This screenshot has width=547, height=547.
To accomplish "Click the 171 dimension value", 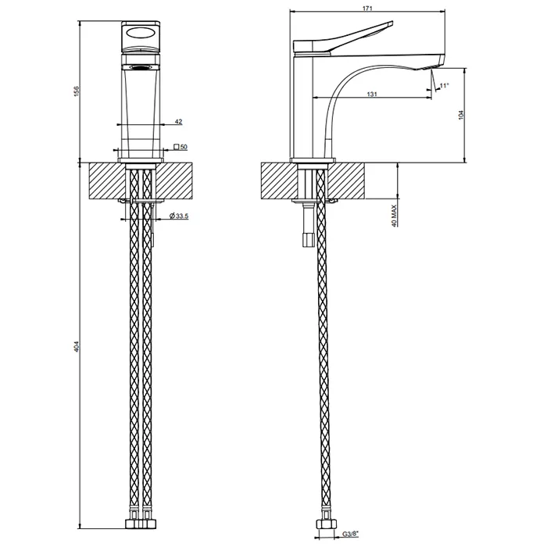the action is (x=367, y=9).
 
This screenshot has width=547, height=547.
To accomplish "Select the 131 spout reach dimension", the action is (x=372, y=94).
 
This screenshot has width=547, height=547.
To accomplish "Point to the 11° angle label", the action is (x=445, y=85).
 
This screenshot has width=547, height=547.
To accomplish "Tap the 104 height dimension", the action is (x=462, y=115).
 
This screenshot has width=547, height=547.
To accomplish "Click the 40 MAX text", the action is (x=394, y=216).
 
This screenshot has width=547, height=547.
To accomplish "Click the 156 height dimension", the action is (x=77, y=91).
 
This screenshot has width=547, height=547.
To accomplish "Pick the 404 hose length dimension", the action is (x=77, y=345).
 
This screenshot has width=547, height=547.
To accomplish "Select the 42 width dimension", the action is (x=178, y=121).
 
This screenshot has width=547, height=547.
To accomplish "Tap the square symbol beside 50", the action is (x=177, y=147).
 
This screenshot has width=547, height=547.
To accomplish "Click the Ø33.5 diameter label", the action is (x=179, y=216).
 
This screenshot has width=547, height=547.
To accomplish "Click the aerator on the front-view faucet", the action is (x=141, y=67).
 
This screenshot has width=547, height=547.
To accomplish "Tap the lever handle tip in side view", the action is (x=391, y=23).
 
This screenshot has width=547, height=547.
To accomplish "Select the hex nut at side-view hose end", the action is (x=326, y=524).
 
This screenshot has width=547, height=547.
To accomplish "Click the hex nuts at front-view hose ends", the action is (x=141, y=524).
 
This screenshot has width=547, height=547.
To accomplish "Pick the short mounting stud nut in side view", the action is (x=308, y=240).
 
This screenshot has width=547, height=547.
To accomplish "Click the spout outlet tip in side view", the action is (x=439, y=63).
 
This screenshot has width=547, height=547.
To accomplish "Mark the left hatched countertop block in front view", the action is (x=108, y=181).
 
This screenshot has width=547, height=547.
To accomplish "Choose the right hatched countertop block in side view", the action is (x=346, y=181).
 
